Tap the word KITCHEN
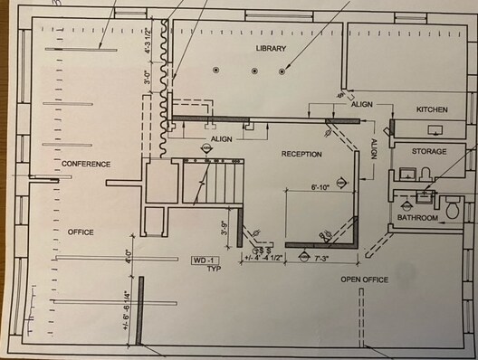coord(432,109)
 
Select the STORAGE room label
coord(429,151)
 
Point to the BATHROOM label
coord(418,218)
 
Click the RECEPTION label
coord(301,154)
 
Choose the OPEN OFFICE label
coord(364,279)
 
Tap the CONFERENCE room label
coord(86,164)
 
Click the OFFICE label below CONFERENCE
coord(81,232)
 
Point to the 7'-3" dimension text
coord(323,258)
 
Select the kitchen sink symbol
coord(436,129)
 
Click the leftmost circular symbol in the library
coord(216,70)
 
